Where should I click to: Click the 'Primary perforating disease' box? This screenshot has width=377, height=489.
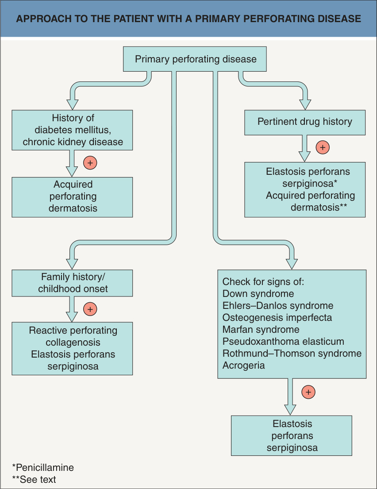195,59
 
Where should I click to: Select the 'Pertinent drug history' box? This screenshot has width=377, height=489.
305,122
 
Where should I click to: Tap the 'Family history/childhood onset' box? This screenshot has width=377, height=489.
72,283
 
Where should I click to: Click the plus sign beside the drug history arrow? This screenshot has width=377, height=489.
323,147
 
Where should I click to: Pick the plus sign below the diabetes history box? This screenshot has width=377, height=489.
90,163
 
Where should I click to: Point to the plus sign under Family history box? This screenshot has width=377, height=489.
90,309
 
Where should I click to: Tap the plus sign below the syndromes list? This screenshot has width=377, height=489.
308,392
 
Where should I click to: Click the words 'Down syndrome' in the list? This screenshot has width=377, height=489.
258,294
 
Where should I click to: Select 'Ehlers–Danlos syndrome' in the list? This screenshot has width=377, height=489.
278,306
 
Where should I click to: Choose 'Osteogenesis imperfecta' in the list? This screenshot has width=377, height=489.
277,317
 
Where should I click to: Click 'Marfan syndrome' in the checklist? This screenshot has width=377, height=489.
261,329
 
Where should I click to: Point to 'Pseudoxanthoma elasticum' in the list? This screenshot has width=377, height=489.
283,342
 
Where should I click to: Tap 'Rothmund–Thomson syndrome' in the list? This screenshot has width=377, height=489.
292,353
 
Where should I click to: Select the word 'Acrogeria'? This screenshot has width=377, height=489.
243,366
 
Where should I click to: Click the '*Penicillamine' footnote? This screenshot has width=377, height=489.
43,467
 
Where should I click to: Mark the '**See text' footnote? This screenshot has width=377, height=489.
34,479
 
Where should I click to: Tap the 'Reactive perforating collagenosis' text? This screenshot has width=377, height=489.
73,336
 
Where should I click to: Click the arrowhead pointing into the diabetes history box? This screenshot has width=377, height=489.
72,104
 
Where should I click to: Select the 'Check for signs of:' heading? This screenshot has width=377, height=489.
263,281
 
